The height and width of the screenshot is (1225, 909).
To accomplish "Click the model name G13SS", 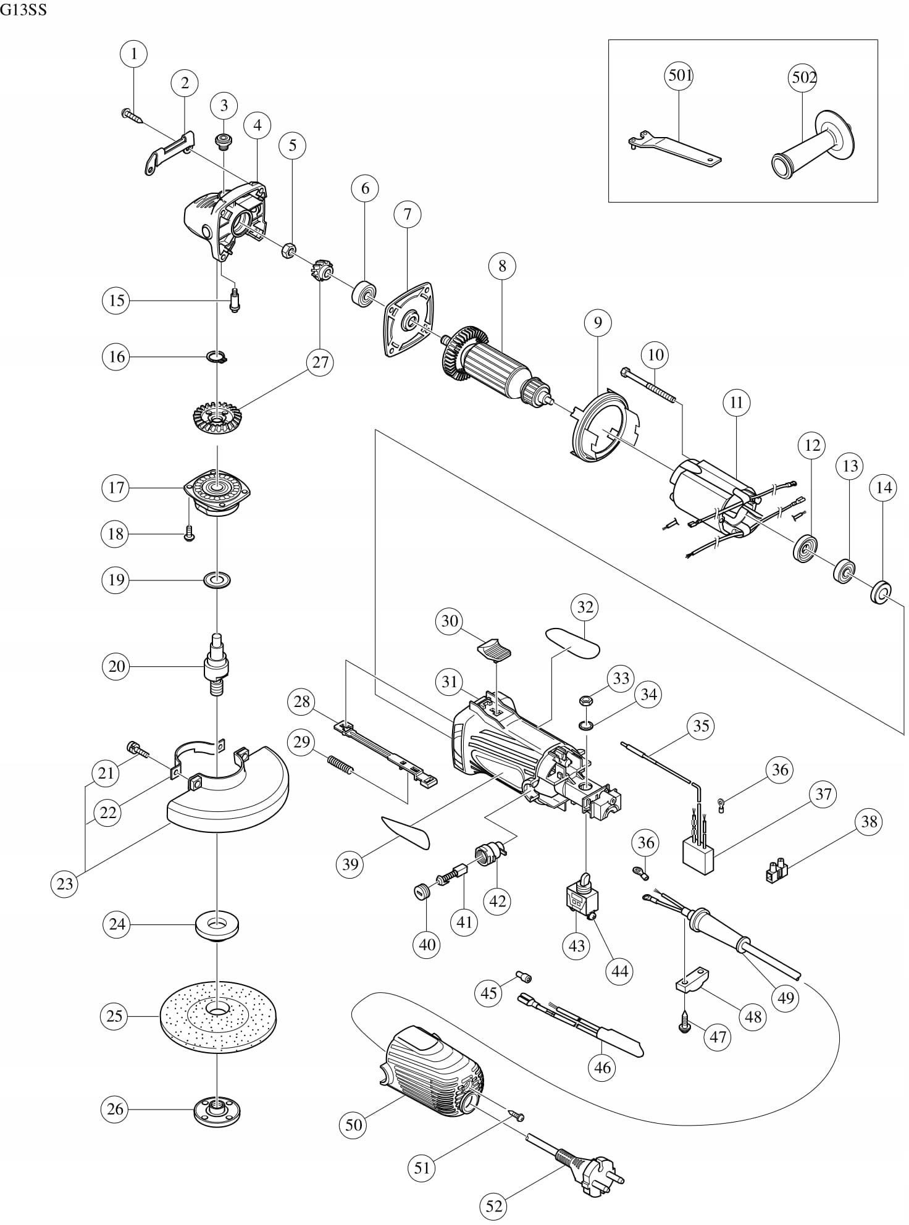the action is [24, 10].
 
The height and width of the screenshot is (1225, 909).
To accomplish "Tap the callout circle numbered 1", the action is [134, 54].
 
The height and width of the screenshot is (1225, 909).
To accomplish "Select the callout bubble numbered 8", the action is [502, 266].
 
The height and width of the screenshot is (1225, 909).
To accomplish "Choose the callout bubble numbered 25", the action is [115, 1016].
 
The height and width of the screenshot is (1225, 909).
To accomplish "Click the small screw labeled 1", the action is [132, 117].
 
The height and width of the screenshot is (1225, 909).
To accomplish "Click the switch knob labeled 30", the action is [494, 650].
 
